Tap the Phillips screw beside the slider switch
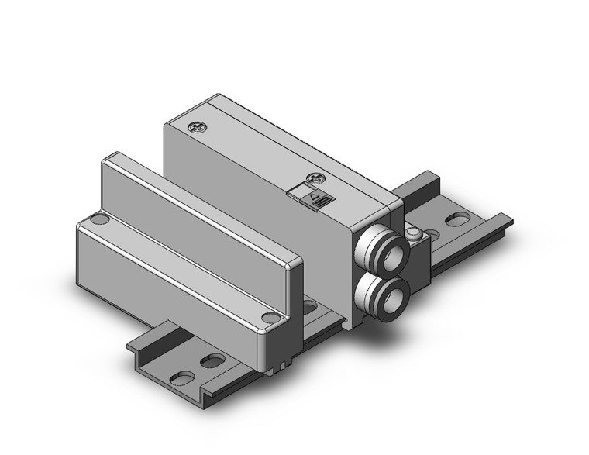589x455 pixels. [x=315, y=177]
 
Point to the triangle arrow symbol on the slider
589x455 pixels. [x=314, y=199]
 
